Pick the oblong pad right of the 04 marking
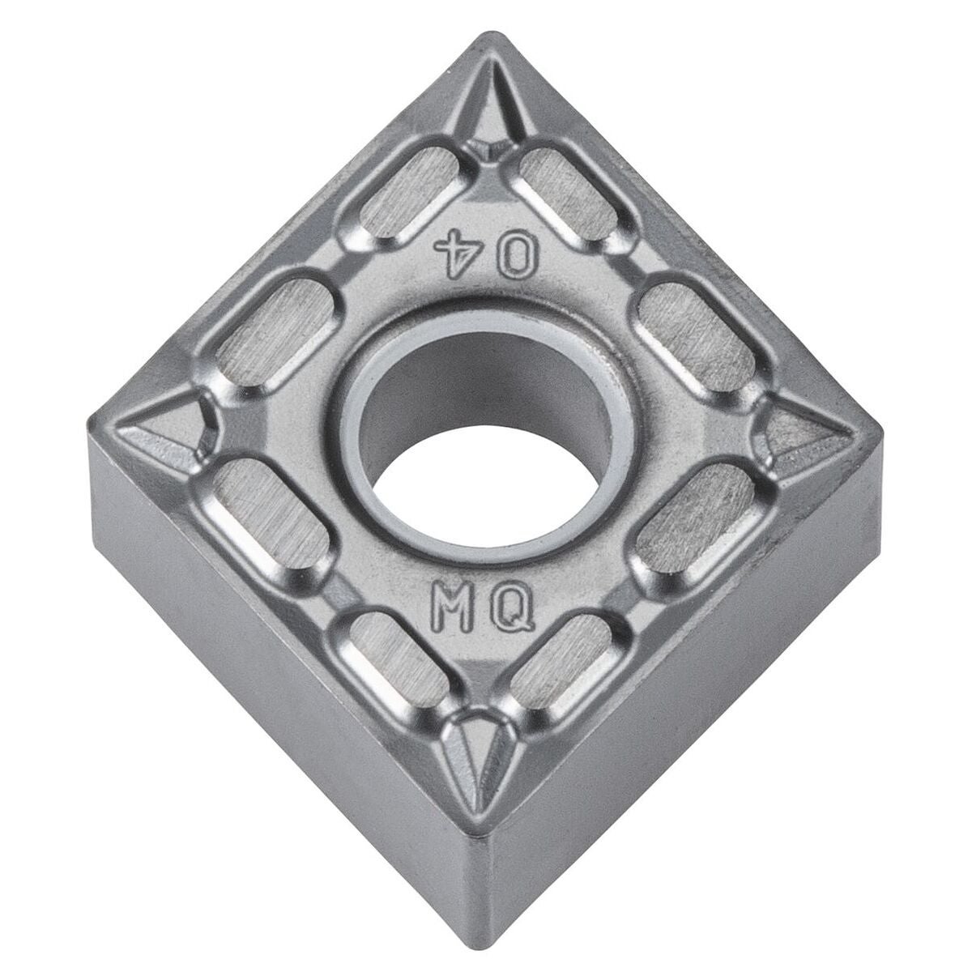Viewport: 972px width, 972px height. point(569,194)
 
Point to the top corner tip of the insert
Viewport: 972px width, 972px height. point(488,38)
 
